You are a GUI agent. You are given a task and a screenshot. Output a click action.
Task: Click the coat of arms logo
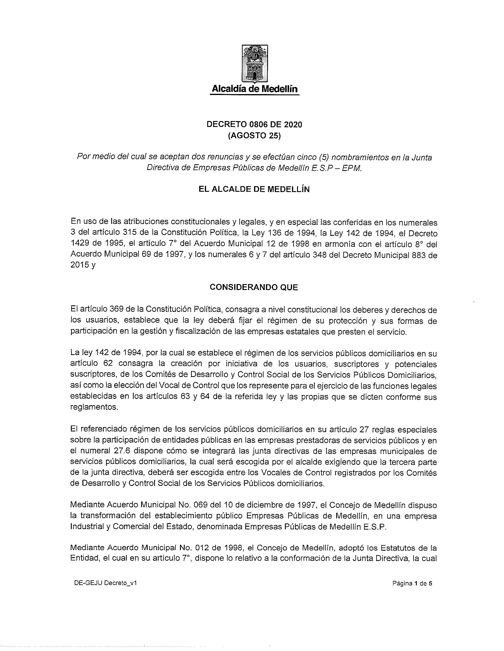pos(254,64)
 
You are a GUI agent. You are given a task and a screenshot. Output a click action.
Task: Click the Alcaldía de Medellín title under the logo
pos(254,89)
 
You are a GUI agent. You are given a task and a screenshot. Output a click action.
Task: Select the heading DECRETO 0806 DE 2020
pos(254,125)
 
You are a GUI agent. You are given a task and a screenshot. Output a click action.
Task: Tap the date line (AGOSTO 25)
pos(254,136)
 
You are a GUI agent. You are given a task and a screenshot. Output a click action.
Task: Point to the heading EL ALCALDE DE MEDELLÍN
pos(254,190)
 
